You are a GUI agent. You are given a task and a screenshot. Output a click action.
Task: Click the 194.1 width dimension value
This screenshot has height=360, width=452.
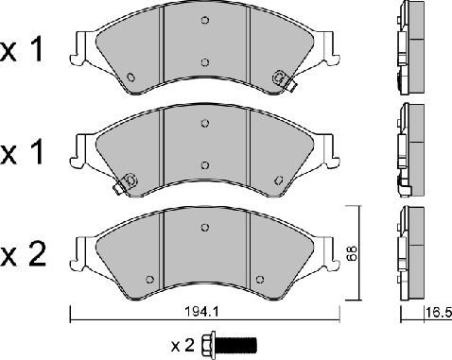click(x=201, y=312)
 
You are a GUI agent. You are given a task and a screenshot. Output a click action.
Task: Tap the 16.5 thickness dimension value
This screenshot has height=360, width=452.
click(x=439, y=313)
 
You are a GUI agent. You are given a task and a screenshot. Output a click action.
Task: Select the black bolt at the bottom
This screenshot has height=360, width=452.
click(x=229, y=344)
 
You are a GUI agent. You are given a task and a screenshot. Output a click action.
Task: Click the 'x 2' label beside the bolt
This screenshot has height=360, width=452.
click(x=183, y=346)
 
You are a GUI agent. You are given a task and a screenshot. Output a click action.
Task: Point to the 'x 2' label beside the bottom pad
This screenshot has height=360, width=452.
click(x=23, y=255)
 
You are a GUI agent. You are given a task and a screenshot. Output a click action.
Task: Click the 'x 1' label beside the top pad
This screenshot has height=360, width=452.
click(x=22, y=50)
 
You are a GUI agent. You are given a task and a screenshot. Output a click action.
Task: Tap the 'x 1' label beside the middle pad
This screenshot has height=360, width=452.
click(x=22, y=153)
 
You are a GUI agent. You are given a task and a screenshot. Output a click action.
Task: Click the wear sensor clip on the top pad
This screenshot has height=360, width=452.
click(x=284, y=80)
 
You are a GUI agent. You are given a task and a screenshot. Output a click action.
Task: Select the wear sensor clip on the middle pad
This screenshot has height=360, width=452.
click(x=126, y=183)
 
